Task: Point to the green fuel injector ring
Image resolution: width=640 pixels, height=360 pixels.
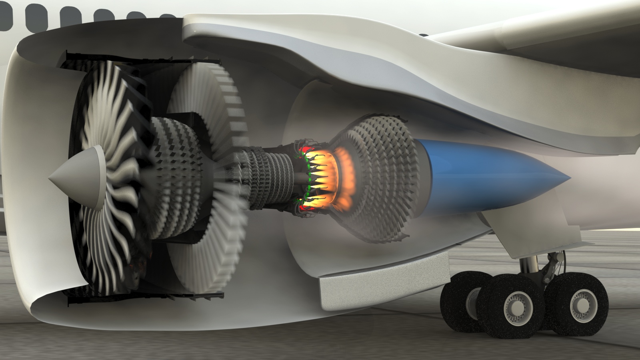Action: click(307, 176)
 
